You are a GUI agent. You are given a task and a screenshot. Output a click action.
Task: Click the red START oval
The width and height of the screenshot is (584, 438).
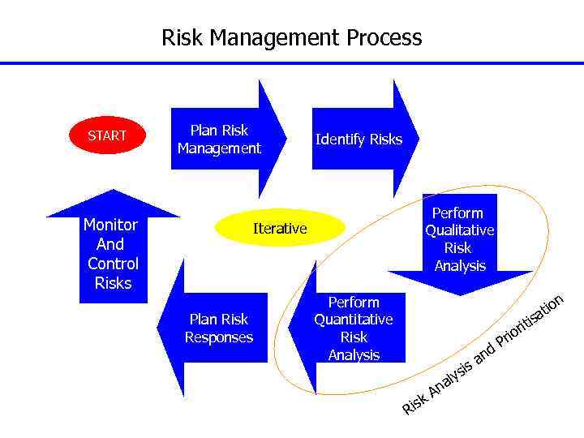click(107, 135)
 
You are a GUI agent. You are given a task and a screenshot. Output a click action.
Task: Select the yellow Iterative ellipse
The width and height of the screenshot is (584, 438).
click(280, 229)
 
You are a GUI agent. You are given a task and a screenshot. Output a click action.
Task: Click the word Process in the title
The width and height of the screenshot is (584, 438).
click(384, 38)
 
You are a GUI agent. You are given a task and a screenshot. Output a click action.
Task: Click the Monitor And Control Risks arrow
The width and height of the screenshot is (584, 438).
click(113, 254)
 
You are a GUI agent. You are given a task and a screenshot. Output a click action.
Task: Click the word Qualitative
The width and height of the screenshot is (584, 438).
click(459, 230)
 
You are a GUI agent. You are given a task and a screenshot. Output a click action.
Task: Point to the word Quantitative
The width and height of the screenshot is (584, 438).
click(354, 320)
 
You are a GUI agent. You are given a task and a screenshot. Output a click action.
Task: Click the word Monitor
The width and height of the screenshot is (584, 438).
click(111, 225)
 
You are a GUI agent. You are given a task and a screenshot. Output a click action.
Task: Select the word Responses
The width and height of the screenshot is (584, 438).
click(219, 337)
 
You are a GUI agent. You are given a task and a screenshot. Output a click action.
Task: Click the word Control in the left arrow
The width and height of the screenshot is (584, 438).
click(113, 264)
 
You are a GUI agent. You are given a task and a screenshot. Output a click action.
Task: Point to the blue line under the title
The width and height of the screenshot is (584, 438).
click(292, 63)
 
